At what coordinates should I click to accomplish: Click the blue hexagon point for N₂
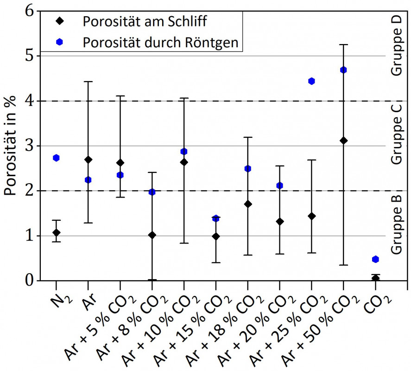coord(57,158)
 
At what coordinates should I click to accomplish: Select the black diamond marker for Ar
coord(89,160)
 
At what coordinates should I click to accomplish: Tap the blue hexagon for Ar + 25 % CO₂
coord(311,81)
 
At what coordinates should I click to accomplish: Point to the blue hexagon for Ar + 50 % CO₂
coord(343,70)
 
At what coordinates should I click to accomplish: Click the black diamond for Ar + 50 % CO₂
coord(343,141)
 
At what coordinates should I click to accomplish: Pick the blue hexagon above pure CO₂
coord(375,259)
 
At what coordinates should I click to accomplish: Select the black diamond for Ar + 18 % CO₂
coord(248,204)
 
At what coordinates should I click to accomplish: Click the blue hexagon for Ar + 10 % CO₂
coord(184,152)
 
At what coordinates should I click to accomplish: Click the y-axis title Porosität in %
coord(13,146)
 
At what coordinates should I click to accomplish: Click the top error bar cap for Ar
coord(89,82)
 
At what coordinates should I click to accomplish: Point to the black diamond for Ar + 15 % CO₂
coord(216,236)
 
